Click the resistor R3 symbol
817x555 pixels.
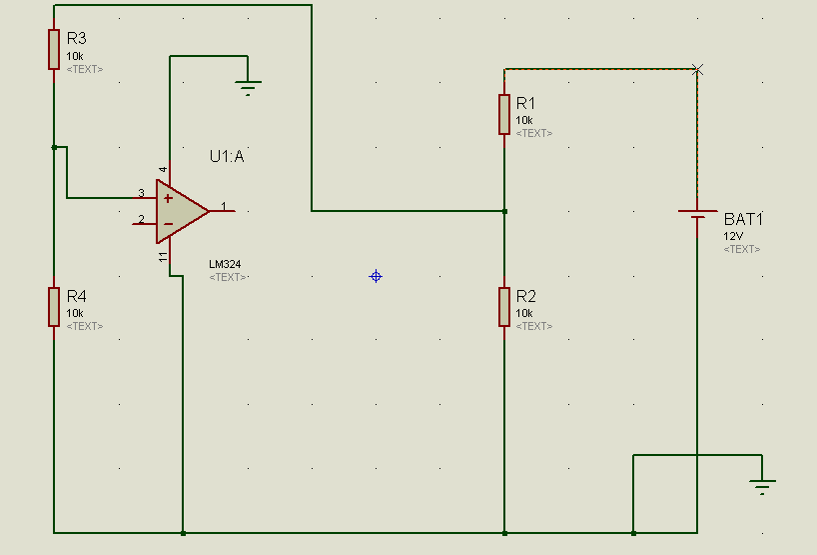click(x=54, y=49)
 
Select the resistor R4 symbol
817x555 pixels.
click(x=54, y=306)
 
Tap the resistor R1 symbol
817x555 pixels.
click(x=504, y=114)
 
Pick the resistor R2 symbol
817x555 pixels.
click(x=504, y=306)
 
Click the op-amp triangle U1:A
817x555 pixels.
click(x=180, y=211)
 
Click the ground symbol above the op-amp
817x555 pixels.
click(x=249, y=88)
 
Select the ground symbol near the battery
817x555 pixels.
click(x=763, y=487)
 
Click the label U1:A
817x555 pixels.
click(x=227, y=156)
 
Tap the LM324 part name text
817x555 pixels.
click(x=225, y=264)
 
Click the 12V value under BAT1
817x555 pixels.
click(x=734, y=236)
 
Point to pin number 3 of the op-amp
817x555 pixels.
click(x=141, y=193)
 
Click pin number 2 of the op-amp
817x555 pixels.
click(x=141, y=220)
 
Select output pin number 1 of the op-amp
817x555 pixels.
click(x=224, y=207)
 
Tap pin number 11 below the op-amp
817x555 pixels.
click(x=163, y=258)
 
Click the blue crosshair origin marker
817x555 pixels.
click(x=376, y=276)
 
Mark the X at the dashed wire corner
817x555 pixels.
click(x=697, y=69)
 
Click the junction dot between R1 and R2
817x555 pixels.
click(x=504, y=211)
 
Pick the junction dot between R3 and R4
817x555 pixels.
click(x=54, y=147)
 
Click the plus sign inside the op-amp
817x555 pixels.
click(x=168, y=198)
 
